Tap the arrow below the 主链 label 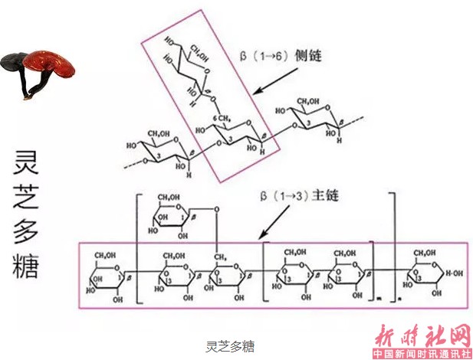click(x=273, y=225)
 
